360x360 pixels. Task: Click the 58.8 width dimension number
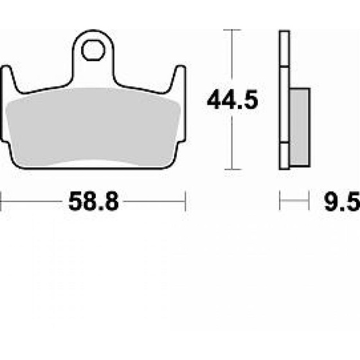pos(93,201)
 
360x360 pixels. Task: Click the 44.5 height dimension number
pos(233,100)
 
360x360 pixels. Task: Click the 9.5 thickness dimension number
pos(342,201)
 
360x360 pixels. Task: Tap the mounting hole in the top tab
pos(93,50)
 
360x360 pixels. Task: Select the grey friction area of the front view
pos(93,127)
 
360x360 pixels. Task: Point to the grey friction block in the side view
pos(300,127)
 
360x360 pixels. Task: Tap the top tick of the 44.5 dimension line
pos(232,30)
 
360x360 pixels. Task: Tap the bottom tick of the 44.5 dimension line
pos(233,170)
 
